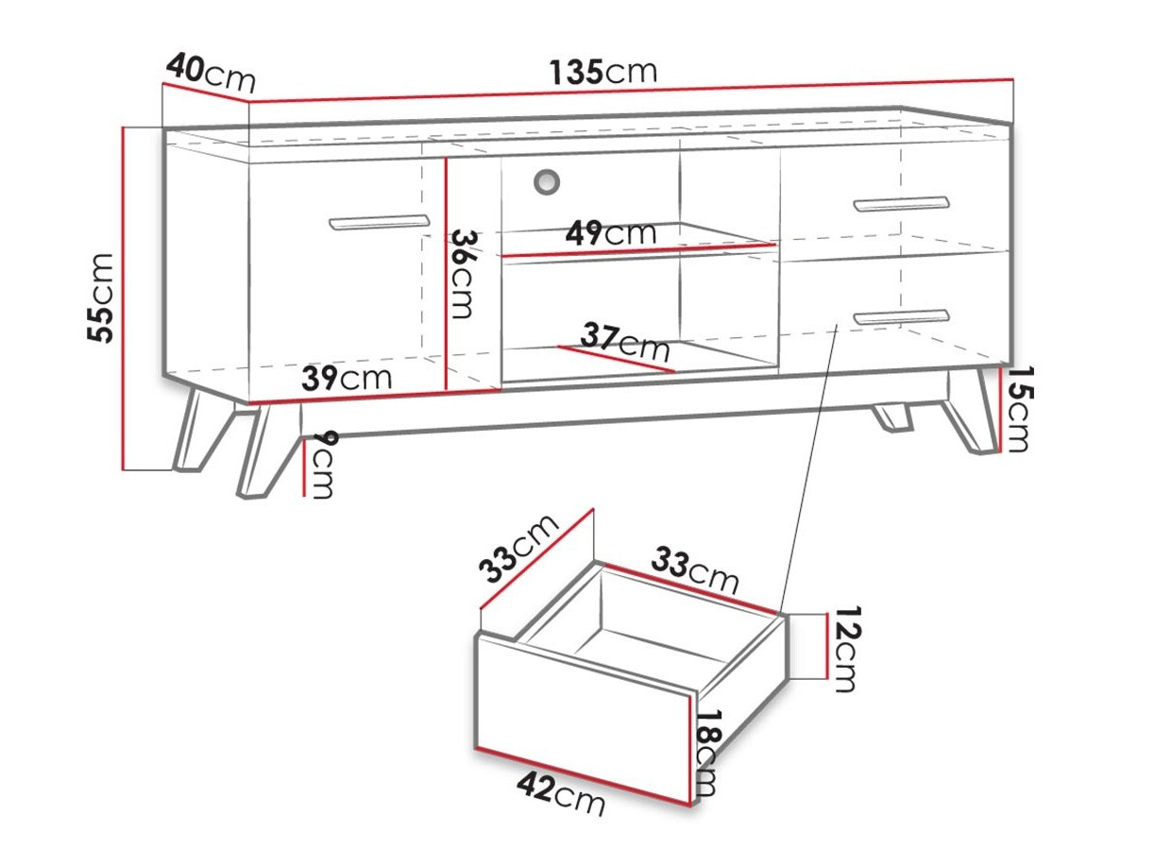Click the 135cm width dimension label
(602, 72)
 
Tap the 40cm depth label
(210, 71)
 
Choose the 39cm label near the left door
(347, 379)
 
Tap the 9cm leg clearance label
(322, 465)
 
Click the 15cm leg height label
(1015, 410)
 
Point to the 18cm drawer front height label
(705, 753)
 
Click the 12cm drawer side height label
(843, 649)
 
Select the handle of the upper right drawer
(901, 203)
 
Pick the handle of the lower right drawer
(900, 316)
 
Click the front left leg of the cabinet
(259, 450)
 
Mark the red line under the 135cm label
(630, 91)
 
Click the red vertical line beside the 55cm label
(124, 297)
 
